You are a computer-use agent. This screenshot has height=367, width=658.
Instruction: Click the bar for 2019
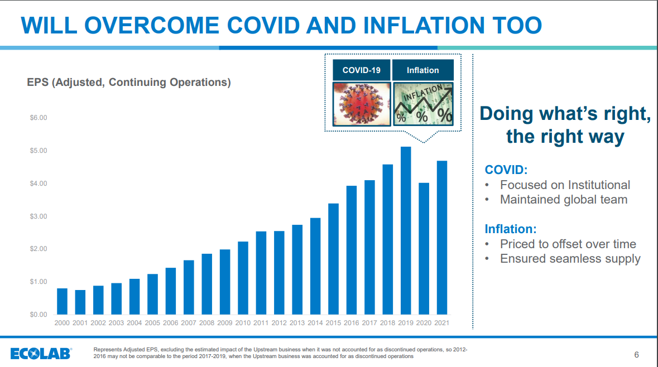pyautogui.click(x=406, y=230)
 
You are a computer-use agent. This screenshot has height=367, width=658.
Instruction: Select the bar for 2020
pyautogui.click(x=424, y=248)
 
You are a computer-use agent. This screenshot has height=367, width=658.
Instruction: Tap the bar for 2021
pyautogui.click(x=441, y=238)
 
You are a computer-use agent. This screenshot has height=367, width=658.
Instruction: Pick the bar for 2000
pyautogui.click(x=63, y=301)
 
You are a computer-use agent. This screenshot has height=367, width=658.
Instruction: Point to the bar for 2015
pyautogui.click(x=333, y=259)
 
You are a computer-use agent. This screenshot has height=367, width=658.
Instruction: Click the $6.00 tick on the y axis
pyautogui.click(x=38, y=118)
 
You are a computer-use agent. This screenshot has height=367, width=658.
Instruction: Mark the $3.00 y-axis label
pyautogui.click(x=38, y=216)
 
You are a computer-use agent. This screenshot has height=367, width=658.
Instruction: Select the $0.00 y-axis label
pyautogui.click(x=38, y=315)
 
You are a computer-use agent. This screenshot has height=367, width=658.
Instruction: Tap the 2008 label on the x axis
pyautogui.click(x=206, y=323)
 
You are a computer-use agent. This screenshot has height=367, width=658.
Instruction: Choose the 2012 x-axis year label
pyautogui.click(x=279, y=323)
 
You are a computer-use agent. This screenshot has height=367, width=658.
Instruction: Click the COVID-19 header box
pyautogui.click(x=361, y=70)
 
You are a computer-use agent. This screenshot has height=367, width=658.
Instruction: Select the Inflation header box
pyautogui.click(x=422, y=70)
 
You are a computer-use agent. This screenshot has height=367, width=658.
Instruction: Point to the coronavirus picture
pyautogui.click(x=361, y=104)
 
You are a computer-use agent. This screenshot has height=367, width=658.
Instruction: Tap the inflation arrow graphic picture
pyautogui.click(x=423, y=104)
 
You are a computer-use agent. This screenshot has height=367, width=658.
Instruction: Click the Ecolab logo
pyautogui.click(x=41, y=353)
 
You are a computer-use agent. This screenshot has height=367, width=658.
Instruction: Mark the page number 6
pyautogui.click(x=637, y=355)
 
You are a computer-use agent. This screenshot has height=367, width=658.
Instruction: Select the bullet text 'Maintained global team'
pyautogui.click(x=564, y=199)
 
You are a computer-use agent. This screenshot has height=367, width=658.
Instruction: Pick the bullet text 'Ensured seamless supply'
pyautogui.click(x=570, y=258)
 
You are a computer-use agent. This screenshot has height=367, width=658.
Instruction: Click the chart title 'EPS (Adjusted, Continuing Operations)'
pyautogui.click(x=129, y=83)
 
